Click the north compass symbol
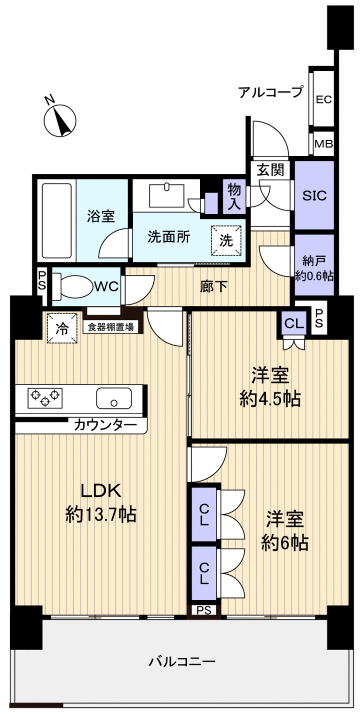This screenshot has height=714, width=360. click(x=60, y=120)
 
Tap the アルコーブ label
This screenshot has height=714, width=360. click(x=270, y=92)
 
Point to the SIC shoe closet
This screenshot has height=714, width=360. click(x=314, y=195)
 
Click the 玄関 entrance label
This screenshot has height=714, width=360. click(x=270, y=169)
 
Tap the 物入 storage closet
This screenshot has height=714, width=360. click(x=234, y=196)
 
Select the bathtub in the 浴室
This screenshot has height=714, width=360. click(x=57, y=220)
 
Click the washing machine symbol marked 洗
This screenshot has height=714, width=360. click(x=226, y=239)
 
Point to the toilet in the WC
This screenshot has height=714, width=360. click(x=72, y=287)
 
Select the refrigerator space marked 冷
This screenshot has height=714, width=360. click(x=62, y=327)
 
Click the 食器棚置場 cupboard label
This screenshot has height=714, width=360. click(x=111, y=326)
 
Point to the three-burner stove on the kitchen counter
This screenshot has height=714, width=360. click(x=45, y=395)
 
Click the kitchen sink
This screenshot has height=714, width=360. click(x=114, y=398)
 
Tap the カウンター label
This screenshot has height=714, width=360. click(x=105, y=425)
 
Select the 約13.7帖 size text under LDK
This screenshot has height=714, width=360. click(x=101, y=515)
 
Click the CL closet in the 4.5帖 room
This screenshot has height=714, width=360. click(x=294, y=323)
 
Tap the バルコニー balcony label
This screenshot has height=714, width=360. click(x=182, y=661)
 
